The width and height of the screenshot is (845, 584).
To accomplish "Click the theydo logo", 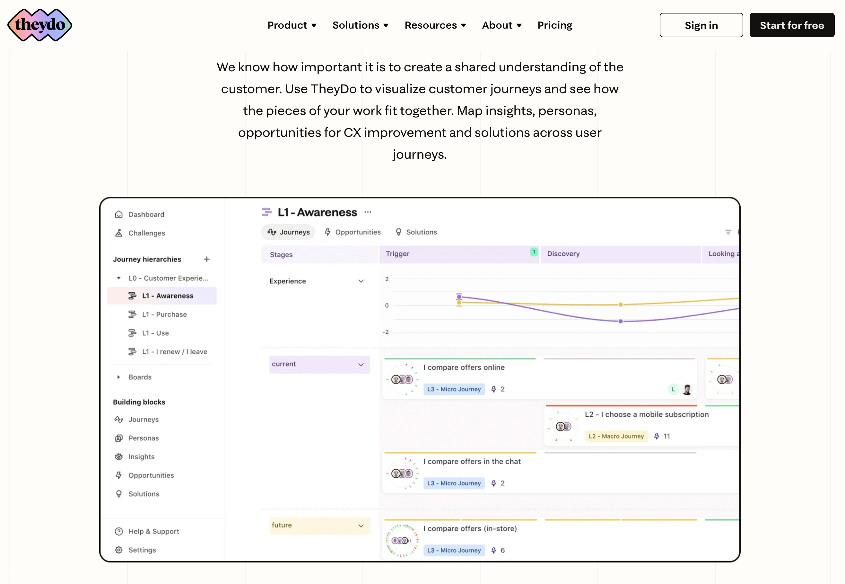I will [x=40, y=25].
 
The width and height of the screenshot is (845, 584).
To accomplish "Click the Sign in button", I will [x=701, y=25].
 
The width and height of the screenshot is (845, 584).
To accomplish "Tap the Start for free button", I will [x=792, y=25].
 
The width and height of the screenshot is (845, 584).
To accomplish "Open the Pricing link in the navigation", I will [x=554, y=25].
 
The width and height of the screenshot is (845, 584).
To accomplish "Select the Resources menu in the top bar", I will [x=435, y=25].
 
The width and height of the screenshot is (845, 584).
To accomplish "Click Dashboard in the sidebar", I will [x=146, y=215].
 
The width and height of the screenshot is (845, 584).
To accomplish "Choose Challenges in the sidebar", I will [x=146, y=233].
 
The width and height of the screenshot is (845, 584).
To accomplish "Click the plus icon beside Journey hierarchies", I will [x=206, y=259].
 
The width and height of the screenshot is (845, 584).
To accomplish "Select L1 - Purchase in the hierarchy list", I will [x=164, y=314].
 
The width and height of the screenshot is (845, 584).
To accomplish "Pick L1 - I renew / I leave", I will [x=174, y=352].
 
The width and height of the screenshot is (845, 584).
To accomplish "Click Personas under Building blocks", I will [x=143, y=438].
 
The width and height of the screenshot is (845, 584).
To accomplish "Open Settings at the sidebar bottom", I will [x=142, y=550].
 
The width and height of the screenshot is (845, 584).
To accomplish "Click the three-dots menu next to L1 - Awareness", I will [x=368, y=212].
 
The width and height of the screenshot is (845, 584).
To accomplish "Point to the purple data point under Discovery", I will [x=621, y=321].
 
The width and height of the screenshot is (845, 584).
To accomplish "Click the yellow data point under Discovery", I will [x=621, y=305].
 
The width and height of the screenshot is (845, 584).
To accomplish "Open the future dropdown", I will [x=319, y=526].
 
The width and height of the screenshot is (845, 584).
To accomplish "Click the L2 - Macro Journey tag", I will [x=616, y=436].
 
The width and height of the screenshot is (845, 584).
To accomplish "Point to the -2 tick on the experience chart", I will [x=385, y=332].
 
